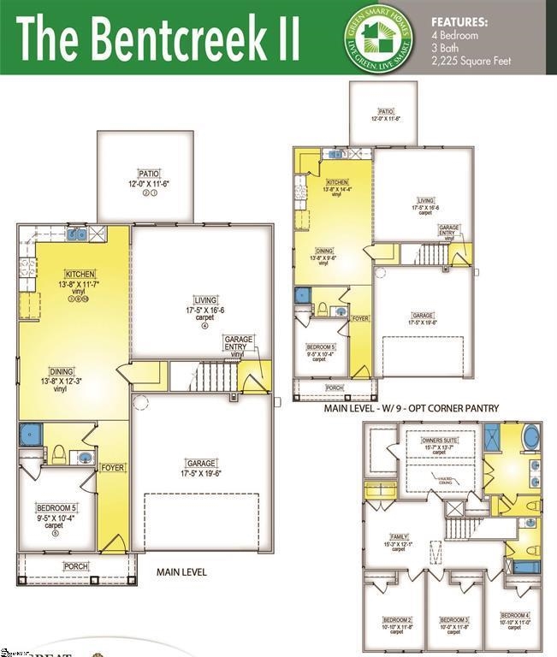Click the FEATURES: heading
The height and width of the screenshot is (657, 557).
[x=459, y=21]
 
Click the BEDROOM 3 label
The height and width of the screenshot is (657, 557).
[x=453, y=619]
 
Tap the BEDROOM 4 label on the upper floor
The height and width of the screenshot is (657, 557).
[x=515, y=616]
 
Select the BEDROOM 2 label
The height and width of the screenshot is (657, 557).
[x=398, y=619]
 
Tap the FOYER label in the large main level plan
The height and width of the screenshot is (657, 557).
[x=112, y=467]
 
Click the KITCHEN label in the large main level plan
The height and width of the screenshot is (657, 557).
[x=78, y=274]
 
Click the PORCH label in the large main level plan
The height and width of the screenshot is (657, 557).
[x=76, y=566]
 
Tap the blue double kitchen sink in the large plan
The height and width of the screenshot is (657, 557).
[x=76, y=234]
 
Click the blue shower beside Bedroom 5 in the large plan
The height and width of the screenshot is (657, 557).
[x=30, y=435]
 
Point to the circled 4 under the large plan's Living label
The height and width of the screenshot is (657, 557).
[x=204, y=326]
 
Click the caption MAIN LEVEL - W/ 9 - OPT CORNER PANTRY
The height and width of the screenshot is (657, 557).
[x=411, y=409]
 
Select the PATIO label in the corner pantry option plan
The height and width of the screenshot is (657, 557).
[x=386, y=111]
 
